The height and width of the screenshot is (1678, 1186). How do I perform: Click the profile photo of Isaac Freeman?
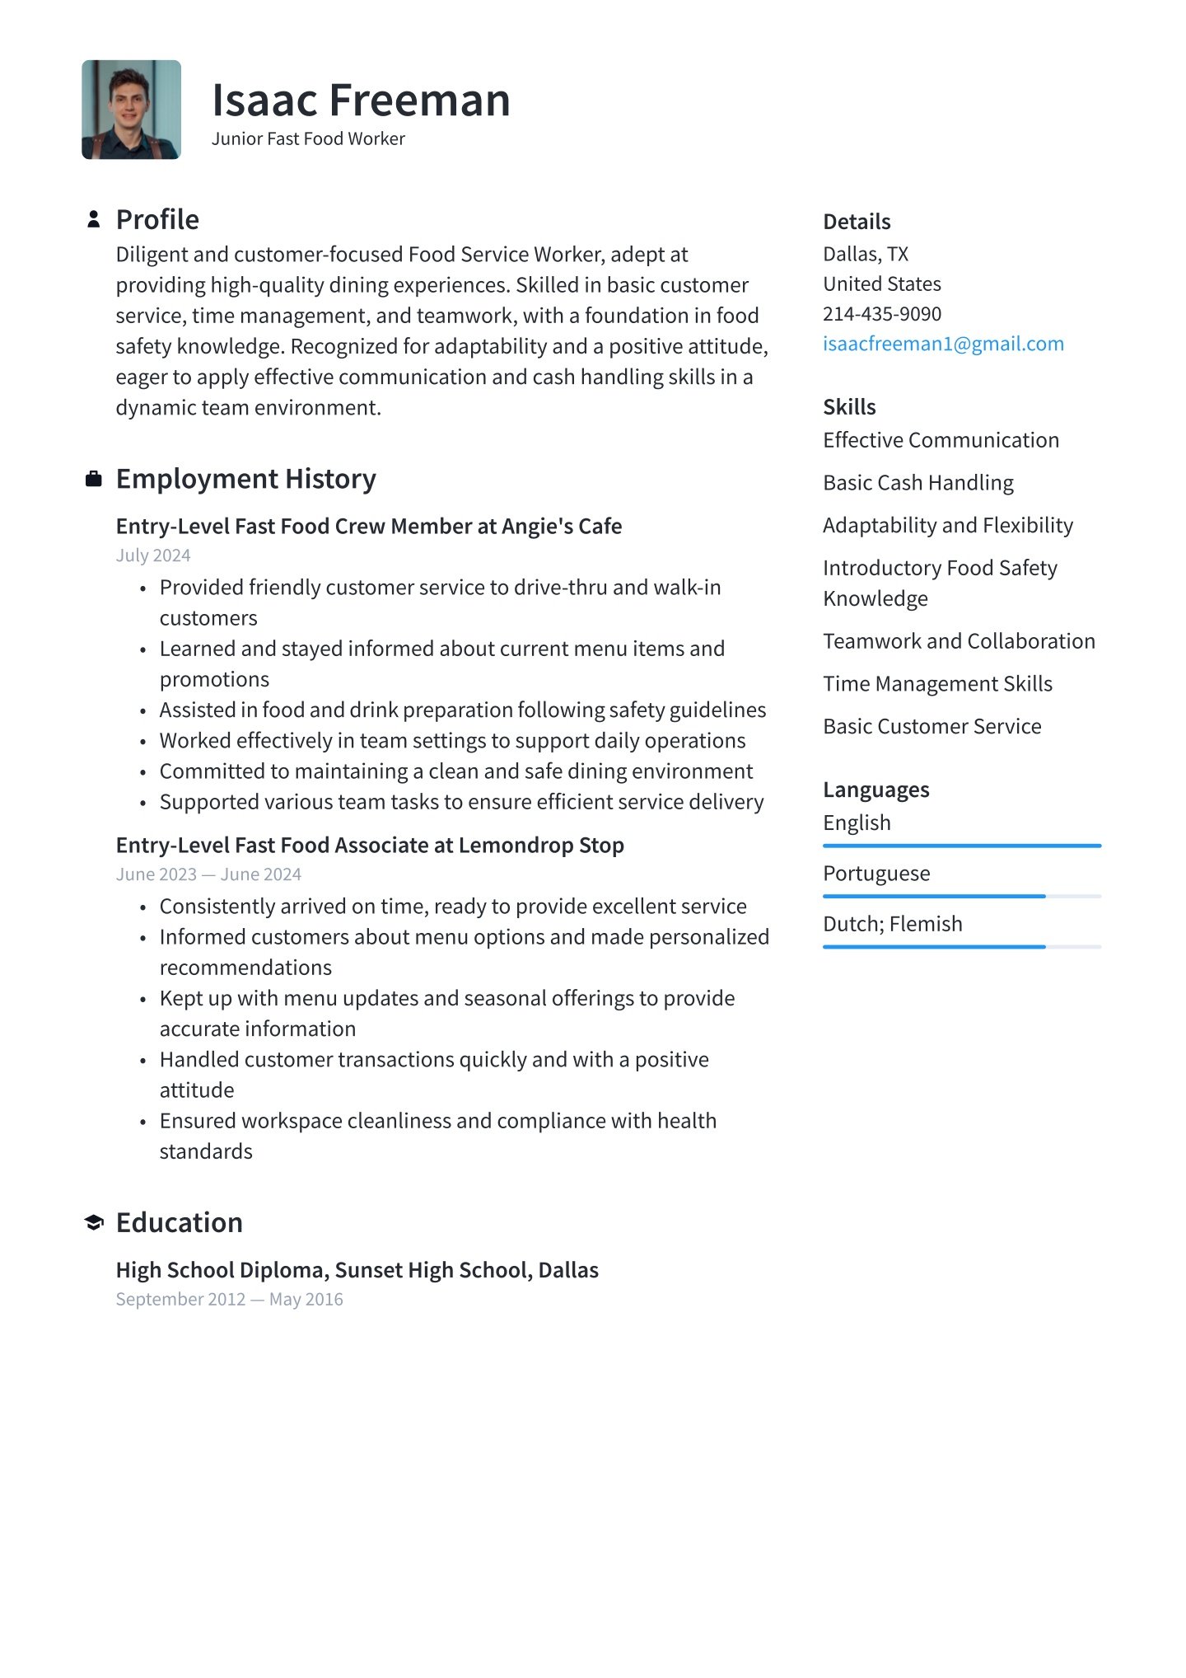click(x=131, y=109)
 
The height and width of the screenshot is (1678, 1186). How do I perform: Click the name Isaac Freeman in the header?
click(x=361, y=101)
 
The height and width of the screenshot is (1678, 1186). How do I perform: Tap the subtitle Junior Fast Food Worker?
click(x=308, y=138)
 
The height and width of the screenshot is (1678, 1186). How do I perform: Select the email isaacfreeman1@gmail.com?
click(x=943, y=344)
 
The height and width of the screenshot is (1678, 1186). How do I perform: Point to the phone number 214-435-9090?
click(x=881, y=314)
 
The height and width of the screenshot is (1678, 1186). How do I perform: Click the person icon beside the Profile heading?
click(x=94, y=219)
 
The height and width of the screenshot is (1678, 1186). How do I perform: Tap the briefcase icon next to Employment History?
click(x=94, y=479)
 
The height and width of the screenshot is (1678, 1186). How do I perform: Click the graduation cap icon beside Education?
click(x=94, y=1223)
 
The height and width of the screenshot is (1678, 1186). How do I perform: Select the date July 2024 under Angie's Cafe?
click(x=153, y=555)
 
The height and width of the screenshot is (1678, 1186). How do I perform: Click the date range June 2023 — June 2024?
click(x=208, y=874)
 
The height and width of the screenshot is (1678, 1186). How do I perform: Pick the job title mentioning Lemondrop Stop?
click(x=370, y=846)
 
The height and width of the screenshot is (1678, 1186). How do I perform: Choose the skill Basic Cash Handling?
click(x=918, y=483)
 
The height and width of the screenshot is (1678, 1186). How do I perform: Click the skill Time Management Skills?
click(x=937, y=684)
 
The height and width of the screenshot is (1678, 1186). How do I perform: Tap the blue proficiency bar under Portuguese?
click(x=934, y=896)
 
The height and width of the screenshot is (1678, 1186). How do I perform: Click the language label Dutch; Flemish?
click(x=892, y=924)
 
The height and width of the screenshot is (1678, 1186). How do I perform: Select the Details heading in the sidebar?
click(x=857, y=222)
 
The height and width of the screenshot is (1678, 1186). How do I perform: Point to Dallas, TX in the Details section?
click(x=865, y=254)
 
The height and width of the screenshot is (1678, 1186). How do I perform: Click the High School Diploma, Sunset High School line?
click(x=357, y=1270)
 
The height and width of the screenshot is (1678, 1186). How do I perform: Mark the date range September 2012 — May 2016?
click(x=229, y=1300)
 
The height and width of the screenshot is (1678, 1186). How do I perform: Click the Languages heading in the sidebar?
click(x=875, y=790)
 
